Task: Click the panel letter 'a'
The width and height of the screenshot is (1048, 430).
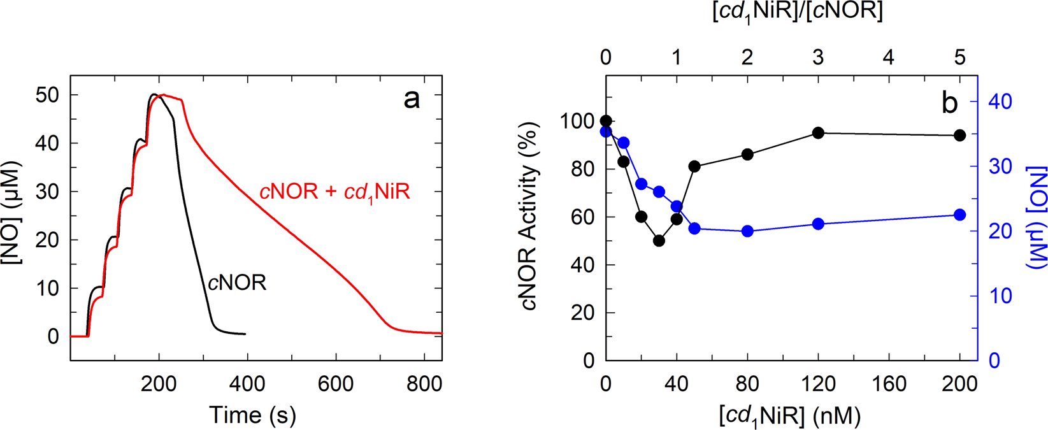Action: [x=412, y=99]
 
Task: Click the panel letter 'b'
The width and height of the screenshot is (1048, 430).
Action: [x=949, y=103]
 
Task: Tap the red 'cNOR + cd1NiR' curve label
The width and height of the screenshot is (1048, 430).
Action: [x=334, y=192]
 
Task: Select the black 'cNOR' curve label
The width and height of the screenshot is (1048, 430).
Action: [x=237, y=283]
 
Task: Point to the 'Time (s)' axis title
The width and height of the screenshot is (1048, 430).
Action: [x=252, y=415]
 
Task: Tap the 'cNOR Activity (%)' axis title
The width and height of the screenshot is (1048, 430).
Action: [x=530, y=217]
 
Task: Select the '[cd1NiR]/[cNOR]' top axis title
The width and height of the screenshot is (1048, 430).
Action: [x=797, y=11]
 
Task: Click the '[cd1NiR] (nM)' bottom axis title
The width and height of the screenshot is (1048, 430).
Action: [x=790, y=416]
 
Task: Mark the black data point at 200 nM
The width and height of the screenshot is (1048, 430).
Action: [x=960, y=135]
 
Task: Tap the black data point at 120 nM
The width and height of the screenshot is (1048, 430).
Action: [x=819, y=133]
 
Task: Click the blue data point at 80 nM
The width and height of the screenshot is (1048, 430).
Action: [x=748, y=231]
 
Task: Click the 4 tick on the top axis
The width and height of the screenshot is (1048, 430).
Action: [x=889, y=57]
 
